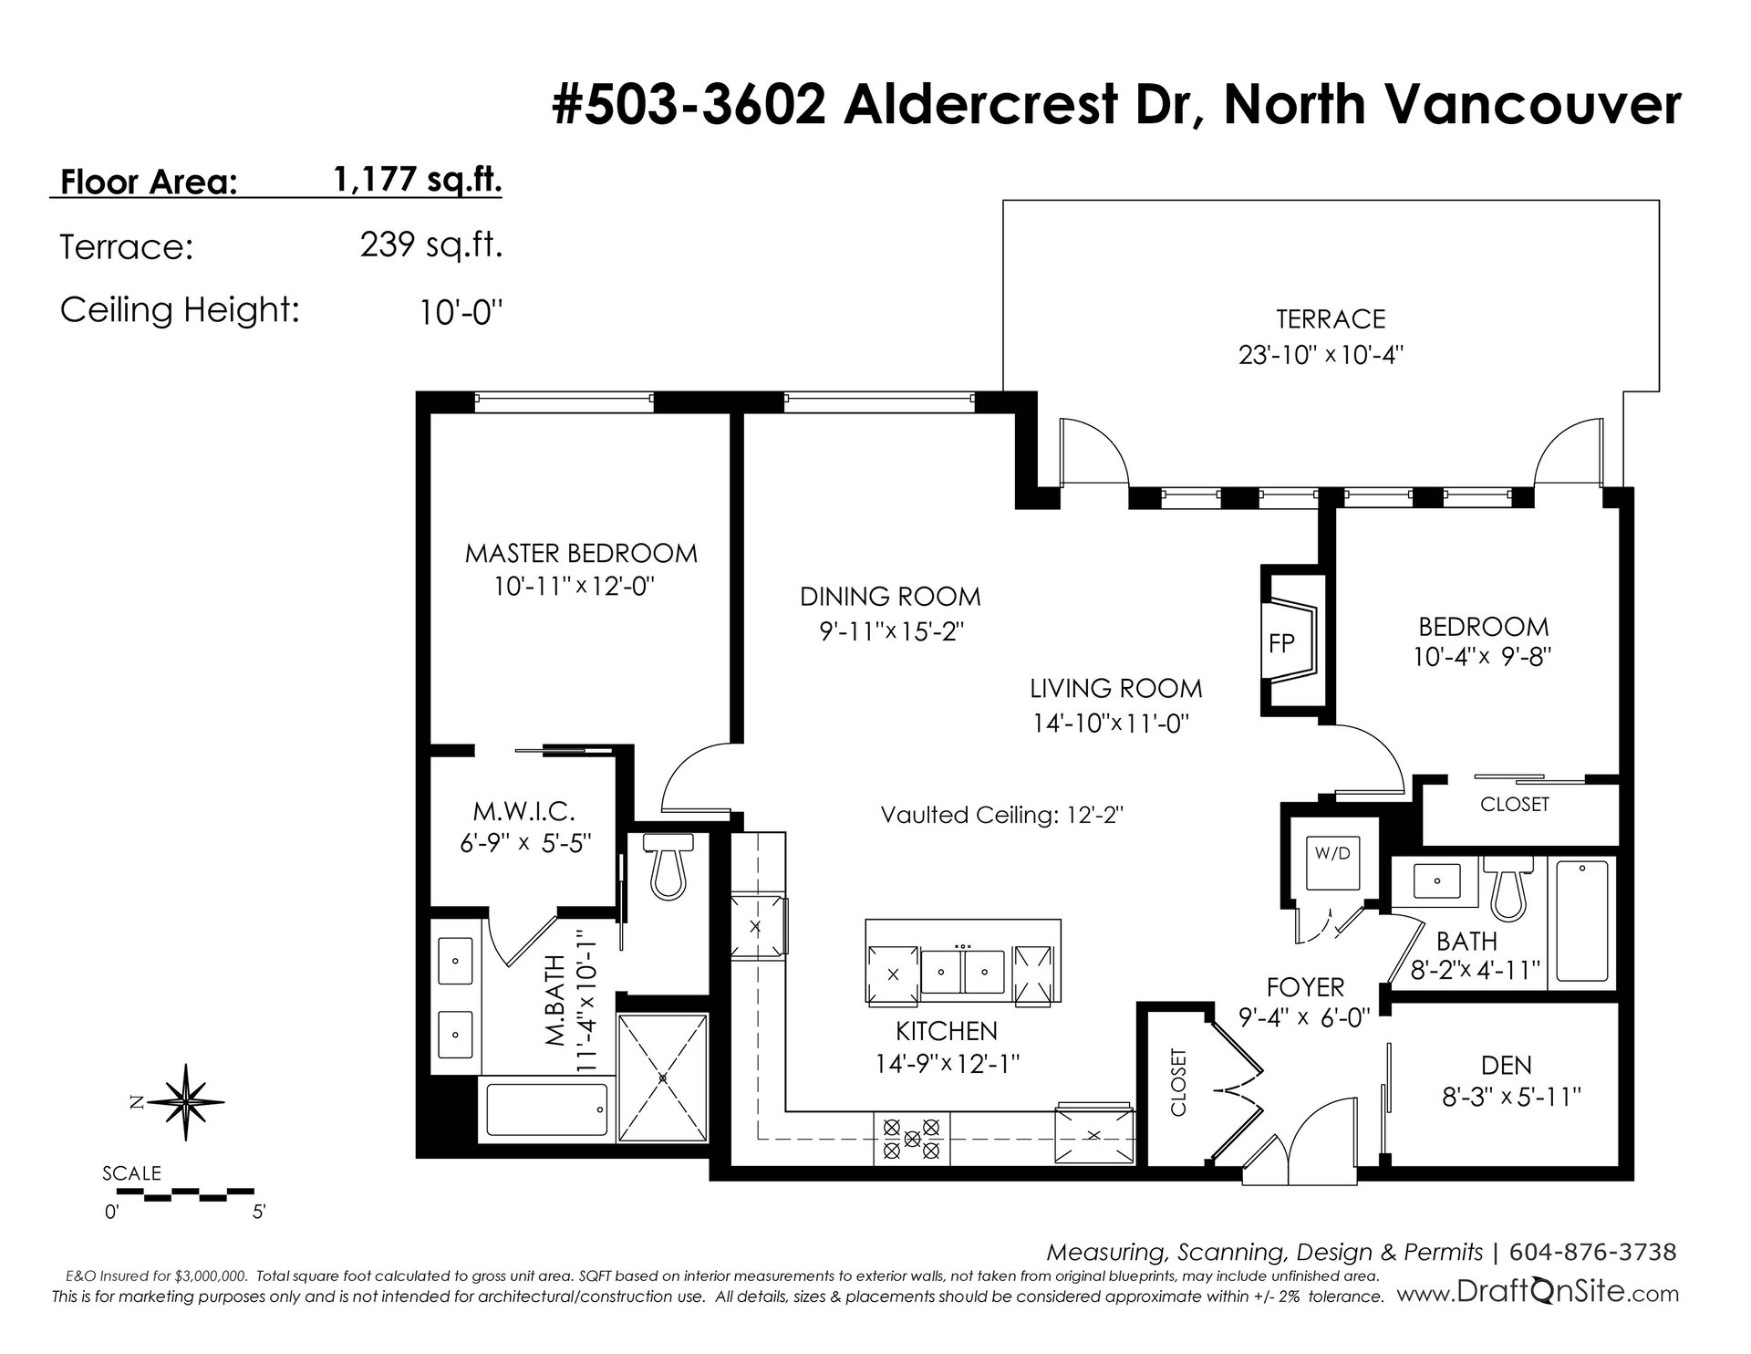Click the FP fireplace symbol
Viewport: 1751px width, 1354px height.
(1290, 641)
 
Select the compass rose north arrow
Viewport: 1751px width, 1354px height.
(187, 1102)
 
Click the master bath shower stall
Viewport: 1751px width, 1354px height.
(663, 1077)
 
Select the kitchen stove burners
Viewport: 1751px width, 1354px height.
(912, 1138)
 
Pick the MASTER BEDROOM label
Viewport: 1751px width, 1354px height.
(581, 553)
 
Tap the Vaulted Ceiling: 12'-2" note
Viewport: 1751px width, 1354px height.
(1001, 814)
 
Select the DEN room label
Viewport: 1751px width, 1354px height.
(1507, 1064)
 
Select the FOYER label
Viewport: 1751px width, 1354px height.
(1305, 986)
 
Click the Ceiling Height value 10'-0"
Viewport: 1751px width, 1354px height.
(461, 313)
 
